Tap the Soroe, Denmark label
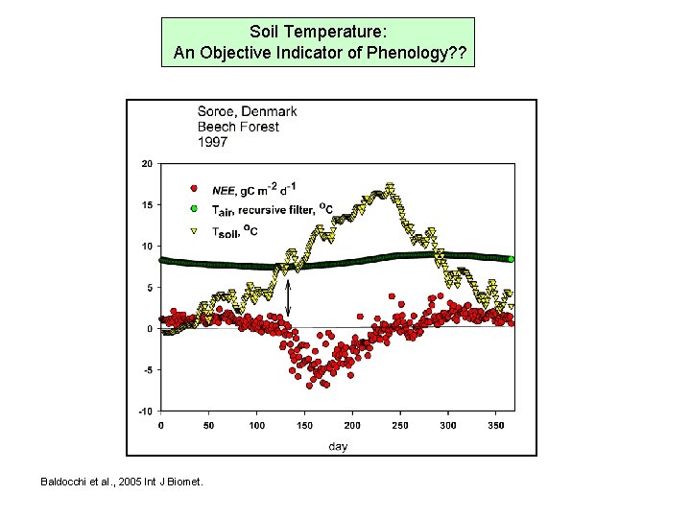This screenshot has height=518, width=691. click(247, 111)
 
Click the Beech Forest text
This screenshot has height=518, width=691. click(238, 127)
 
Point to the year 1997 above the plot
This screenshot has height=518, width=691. click(212, 142)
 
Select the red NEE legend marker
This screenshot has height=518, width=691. click(194, 188)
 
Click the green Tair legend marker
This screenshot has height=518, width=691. click(193, 209)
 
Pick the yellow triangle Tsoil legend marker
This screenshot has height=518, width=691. click(194, 230)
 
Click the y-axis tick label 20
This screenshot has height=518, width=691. click(147, 163)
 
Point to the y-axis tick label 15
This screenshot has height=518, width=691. click(147, 204)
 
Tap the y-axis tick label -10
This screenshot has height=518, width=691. click(145, 411)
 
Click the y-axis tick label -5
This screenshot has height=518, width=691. click(147, 369)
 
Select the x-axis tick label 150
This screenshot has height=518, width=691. click(304, 425)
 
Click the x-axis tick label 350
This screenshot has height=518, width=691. click(496, 425)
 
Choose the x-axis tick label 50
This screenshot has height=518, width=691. click(208, 425)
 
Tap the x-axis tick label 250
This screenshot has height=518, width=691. click(400, 425)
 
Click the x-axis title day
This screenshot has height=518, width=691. click(338, 445)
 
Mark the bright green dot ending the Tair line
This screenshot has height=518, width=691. click(512, 259)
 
